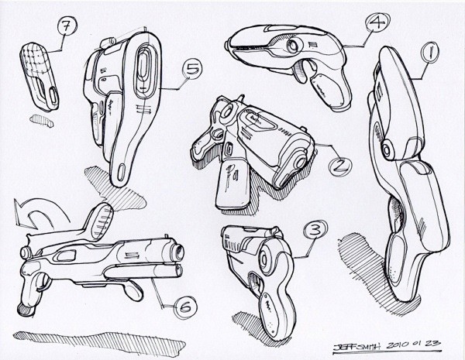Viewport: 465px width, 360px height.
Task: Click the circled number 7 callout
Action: (x=67, y=26)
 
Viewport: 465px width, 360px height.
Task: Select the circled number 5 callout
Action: (x=192, y=69)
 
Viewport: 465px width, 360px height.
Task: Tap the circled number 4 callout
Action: (x=377, y=22)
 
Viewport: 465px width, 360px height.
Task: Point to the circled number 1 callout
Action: (x=429, y=53)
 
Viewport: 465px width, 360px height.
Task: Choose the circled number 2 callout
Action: (x=340, y=166)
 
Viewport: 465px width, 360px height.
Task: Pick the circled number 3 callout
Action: (x=315, y=230)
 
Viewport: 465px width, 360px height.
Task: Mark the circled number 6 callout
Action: (x=186, y=307)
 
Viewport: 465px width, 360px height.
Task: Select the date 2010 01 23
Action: (x=413, y=345)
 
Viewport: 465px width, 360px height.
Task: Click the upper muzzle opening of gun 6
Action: (x=180, y=252)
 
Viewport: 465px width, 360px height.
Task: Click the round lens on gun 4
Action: (x=292, y=46)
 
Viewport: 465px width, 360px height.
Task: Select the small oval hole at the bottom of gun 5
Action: (x=121, y=173)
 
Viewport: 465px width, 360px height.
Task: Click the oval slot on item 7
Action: (x=53, y=96)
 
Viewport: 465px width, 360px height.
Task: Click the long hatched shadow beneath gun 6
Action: (x=99, y=343)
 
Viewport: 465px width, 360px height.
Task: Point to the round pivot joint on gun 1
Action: (x=386, y=149)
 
